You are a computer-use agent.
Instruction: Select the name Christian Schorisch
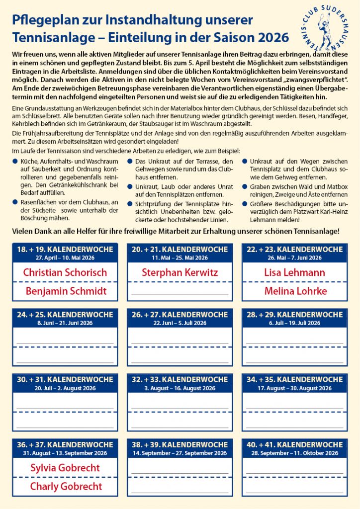tap(65, 272)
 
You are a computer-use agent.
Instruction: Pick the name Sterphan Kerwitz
tap(180, 272)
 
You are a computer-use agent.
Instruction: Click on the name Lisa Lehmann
tap(295, 272)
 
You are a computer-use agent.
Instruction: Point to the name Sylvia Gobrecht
tap(65, 468)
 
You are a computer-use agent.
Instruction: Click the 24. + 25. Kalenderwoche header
tap(65, 315)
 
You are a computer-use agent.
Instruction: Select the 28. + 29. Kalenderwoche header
tap(295, 315)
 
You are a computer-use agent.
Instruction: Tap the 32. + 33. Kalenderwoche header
tap(180, 380)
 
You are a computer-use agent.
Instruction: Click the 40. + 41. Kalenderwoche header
tap(295, 445)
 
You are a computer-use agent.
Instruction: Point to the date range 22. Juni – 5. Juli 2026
tap(180, 323)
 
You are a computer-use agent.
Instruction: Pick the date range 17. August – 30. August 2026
tap(295, 388)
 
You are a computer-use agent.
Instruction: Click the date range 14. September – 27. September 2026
tap(180, 453)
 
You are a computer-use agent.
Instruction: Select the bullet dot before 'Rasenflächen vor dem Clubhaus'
tap(15, 202)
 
